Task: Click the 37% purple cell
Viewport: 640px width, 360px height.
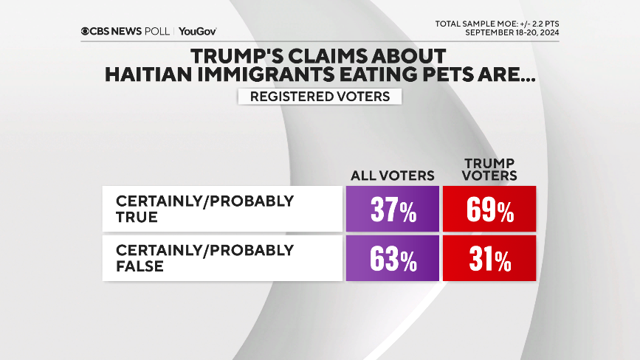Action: pos(392,210)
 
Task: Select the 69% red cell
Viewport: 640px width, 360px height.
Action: pos(489,210)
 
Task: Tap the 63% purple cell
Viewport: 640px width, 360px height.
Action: pos(392,259)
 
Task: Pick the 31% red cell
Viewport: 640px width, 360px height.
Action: pos(489,259)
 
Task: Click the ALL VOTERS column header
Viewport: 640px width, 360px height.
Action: pos(392,176)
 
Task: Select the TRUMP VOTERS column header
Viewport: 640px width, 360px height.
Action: pos(489,169)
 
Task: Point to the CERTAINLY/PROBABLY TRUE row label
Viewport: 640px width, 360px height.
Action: pos(204,208)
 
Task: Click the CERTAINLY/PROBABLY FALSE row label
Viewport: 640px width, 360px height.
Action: pos(204,257)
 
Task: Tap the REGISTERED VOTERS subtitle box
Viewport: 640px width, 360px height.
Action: pos(319,97)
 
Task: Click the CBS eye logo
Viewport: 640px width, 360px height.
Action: pos(86,31)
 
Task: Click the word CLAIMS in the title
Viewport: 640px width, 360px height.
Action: pos(328,56)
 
